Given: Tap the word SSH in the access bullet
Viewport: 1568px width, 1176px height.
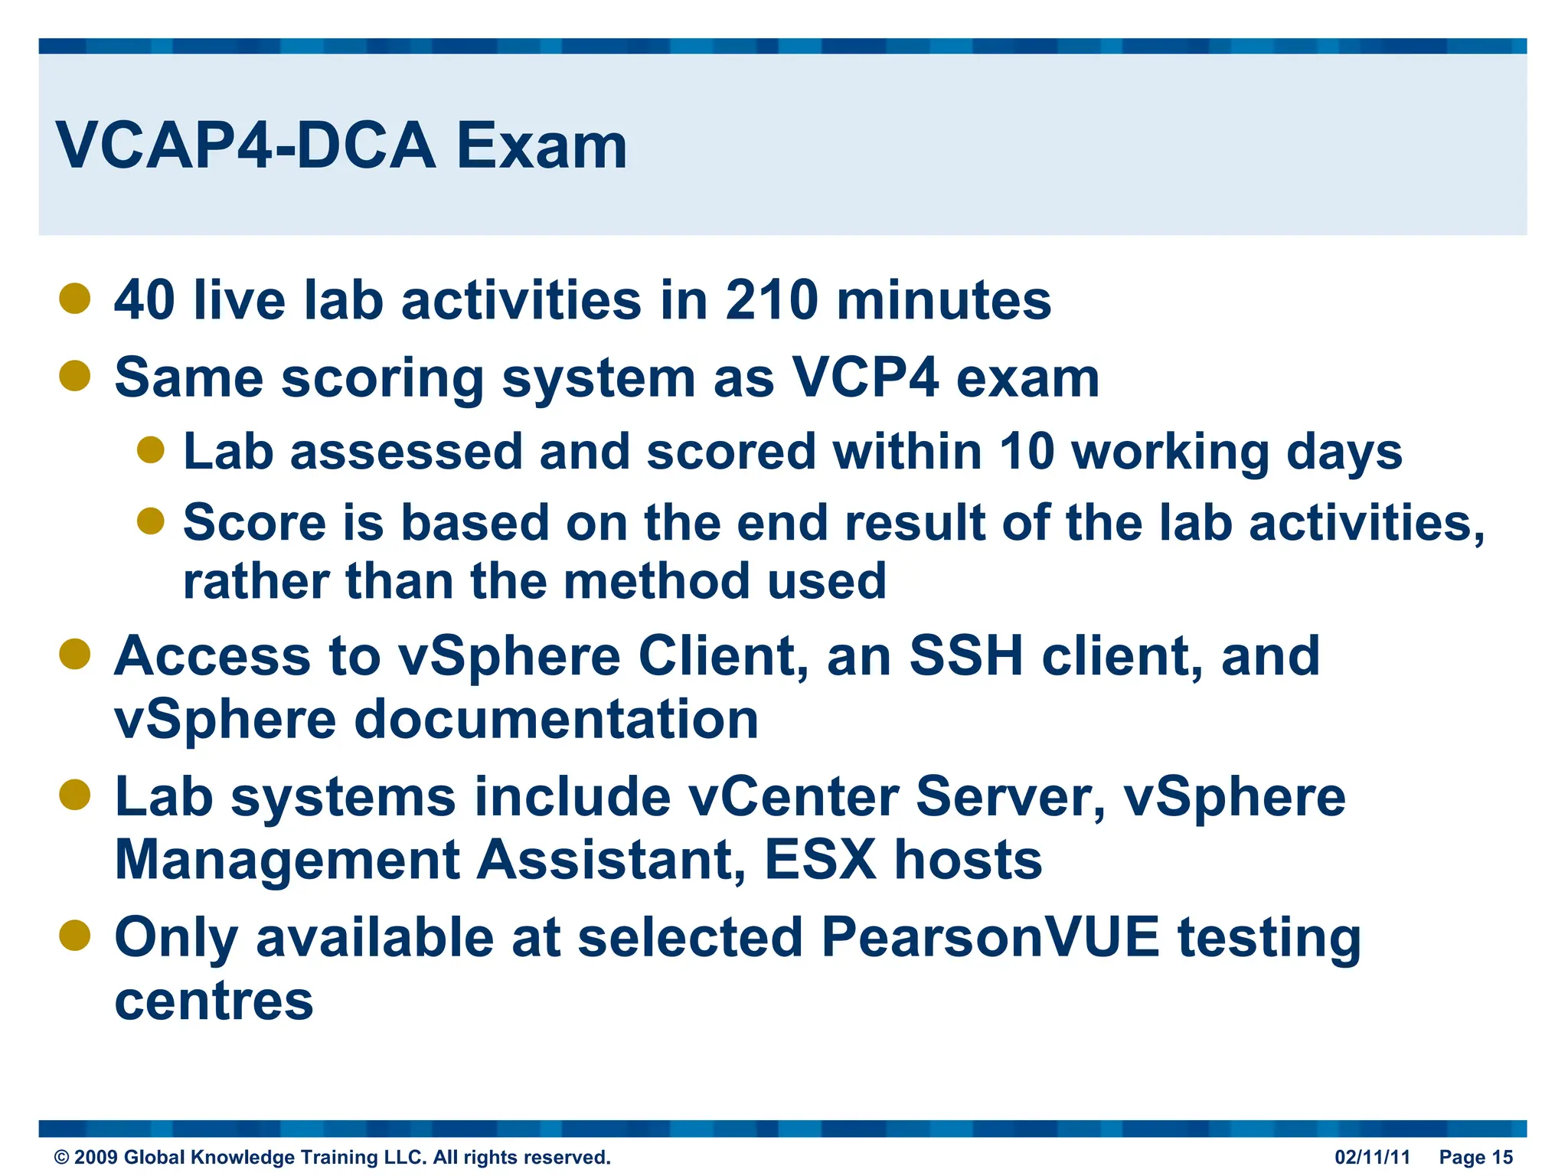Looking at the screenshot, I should pos(966,656).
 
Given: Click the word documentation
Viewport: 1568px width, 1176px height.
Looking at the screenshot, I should pos(557,720).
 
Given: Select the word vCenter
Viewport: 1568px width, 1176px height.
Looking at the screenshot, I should pos(793,797).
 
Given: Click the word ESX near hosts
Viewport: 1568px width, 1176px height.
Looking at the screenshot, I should pos(820,860).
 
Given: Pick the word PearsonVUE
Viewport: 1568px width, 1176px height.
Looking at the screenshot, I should pos(990,937).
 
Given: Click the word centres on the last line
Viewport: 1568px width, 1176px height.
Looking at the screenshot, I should pos(214,1001).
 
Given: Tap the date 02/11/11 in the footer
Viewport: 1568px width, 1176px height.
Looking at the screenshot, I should pos(1372,1157).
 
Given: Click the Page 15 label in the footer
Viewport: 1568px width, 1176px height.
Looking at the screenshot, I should pos(1475,1157).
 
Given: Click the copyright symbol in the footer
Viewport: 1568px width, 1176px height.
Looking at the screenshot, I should pos(61,1158).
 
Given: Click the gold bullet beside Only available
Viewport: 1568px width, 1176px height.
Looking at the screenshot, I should pos(75,935).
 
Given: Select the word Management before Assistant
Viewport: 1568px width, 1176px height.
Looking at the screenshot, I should pos(286,860).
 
